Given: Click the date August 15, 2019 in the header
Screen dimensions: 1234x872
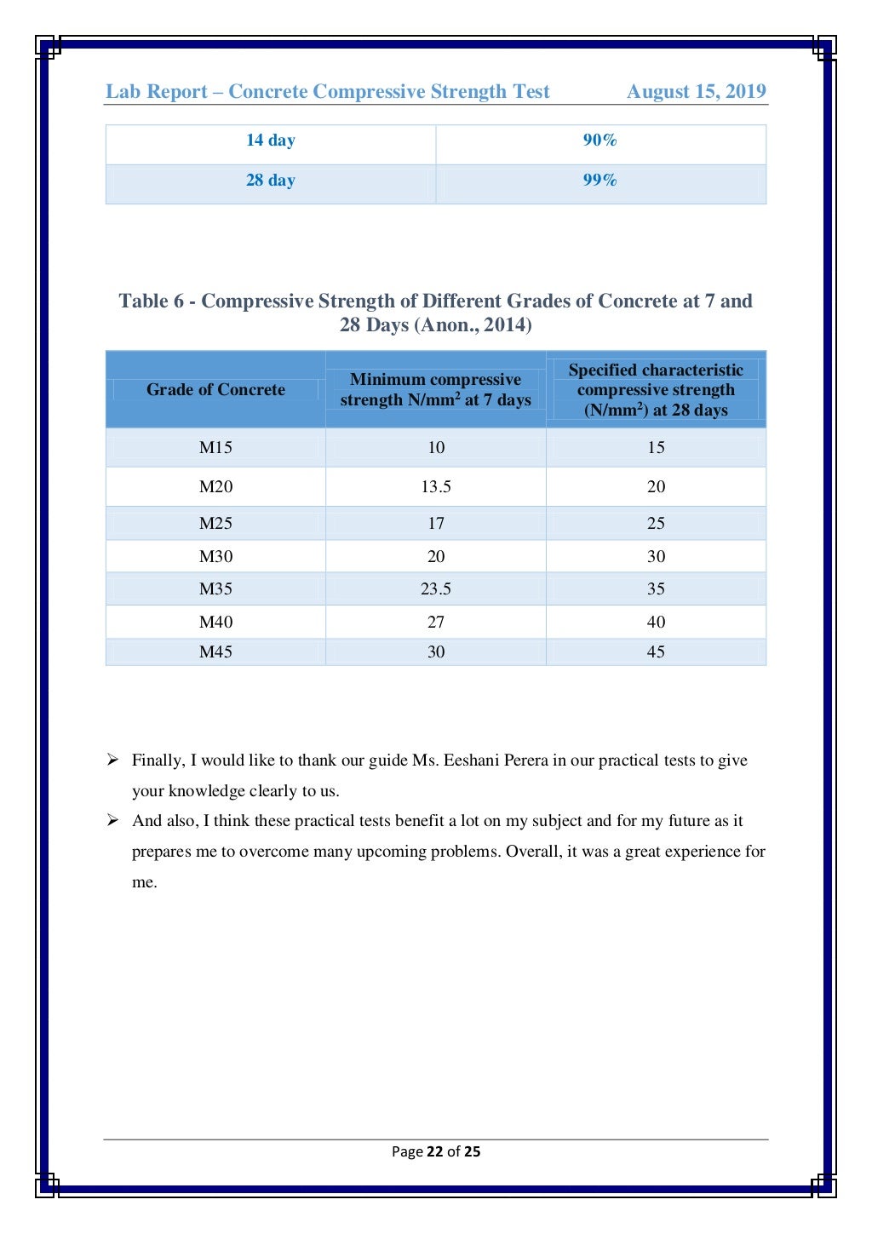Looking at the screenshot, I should click(x=696, y=92).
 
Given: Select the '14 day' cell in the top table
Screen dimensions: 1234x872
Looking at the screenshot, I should click(x=271, y=141).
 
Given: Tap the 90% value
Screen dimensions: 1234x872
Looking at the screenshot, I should click(x=599, y=141).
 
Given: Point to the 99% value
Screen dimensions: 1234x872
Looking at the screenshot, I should click(x=599, y=181).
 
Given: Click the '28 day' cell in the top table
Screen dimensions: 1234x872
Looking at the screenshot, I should click(x=271, y=181).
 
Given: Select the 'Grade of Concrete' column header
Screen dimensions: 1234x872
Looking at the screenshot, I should click(x=215, y=390).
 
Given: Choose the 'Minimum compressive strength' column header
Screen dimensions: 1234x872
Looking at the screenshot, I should click(x=435, y=390).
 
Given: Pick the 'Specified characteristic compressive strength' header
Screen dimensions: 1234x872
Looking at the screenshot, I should click(x=656, y=390).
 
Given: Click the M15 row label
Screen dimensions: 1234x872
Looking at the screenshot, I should click(x=215, y=448).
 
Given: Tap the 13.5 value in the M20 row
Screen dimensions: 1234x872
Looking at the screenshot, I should click(x=435, y=487).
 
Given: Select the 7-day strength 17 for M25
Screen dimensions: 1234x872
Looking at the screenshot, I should click(x=435, y=524).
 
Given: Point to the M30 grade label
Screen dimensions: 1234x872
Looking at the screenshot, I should click(x=215, y=557).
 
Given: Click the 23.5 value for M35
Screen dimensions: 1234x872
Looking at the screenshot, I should click(x=435, y=589).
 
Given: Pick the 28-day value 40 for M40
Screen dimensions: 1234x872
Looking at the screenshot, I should click(x=656, y=623).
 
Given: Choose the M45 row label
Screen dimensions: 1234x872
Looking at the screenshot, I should click(x=215, y=652).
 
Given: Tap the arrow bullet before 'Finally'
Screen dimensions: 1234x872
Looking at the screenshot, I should click(x=112, y=760).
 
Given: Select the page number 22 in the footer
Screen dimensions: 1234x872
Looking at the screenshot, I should click(x=434, y=1151).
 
